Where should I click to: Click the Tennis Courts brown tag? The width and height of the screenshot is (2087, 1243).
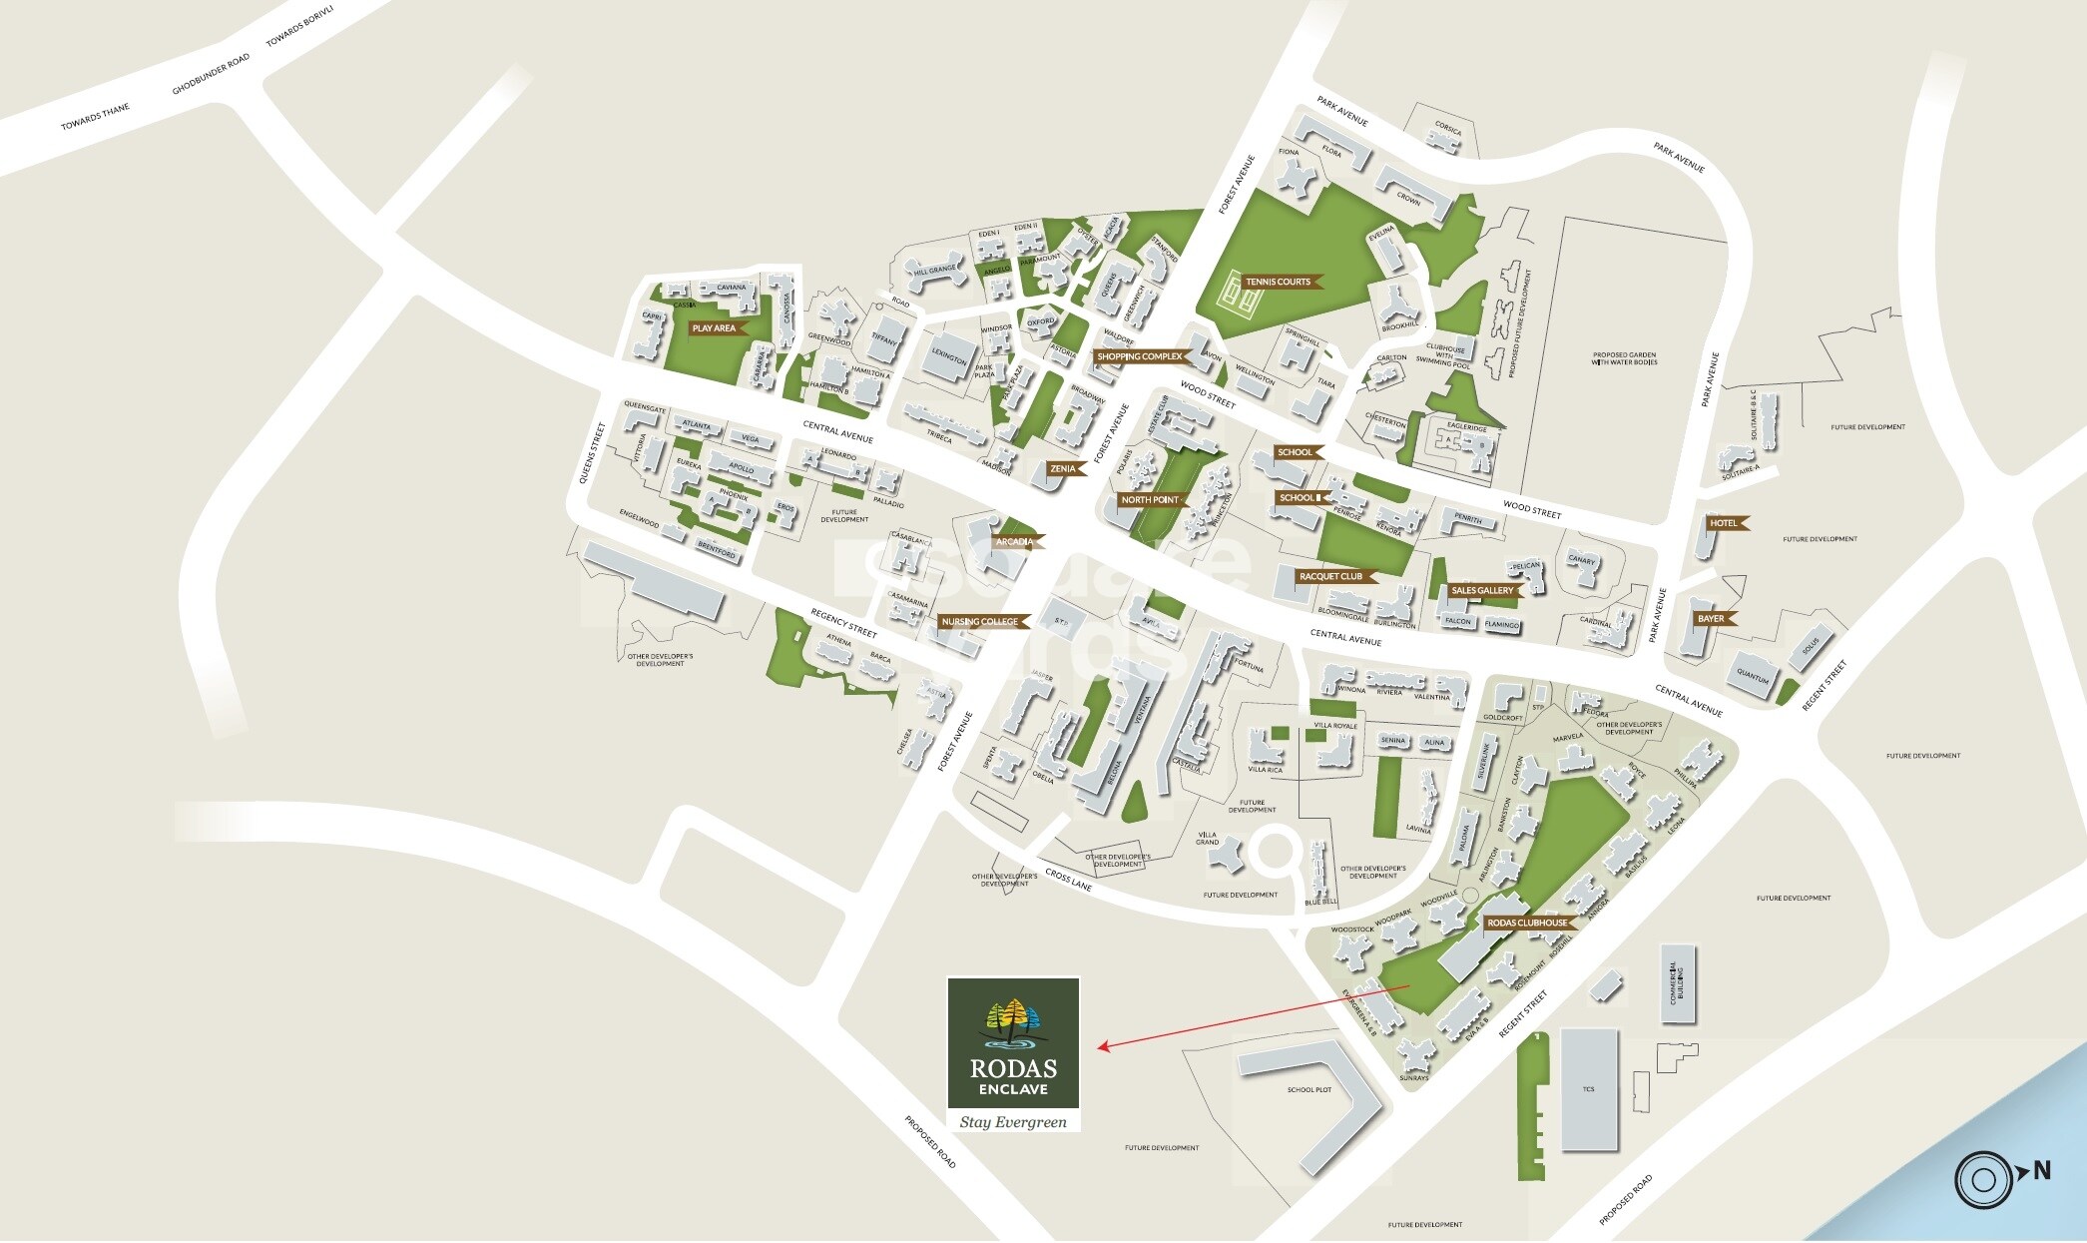pos(1280,282)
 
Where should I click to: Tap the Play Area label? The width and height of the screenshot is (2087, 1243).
pos(715,328)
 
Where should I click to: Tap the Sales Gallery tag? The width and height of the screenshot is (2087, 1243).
pos(1484,590)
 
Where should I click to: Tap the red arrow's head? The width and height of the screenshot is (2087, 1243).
pos(1102,1046)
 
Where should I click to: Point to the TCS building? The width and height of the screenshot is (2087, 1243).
pos(1589,1089)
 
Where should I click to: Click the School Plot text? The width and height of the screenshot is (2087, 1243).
pos(1308,1089)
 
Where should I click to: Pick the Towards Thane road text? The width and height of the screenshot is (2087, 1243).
pos(95,118)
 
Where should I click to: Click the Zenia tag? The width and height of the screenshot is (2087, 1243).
pos(1065,468)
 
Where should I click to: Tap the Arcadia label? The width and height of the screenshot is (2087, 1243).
pos(1017,542)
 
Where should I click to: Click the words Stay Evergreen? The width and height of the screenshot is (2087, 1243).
pos(1013,1122)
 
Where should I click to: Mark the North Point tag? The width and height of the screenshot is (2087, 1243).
pos(1152,500)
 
